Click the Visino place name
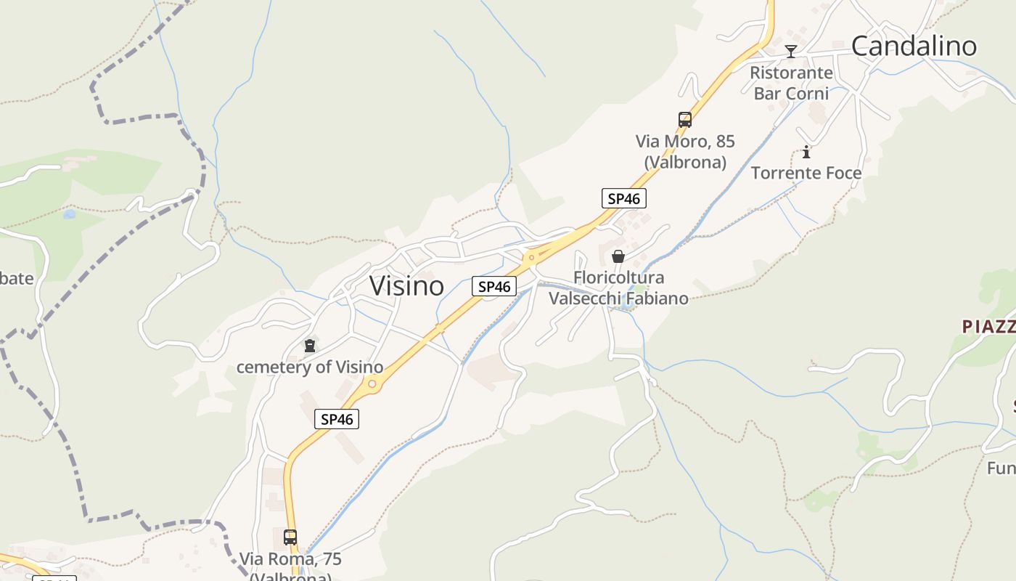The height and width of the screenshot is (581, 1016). coord(406,286)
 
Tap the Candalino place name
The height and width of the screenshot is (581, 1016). coord(914,46)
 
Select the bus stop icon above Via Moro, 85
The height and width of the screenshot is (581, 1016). coord(684,120)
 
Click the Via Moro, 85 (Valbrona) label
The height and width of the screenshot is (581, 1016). coord(684,151)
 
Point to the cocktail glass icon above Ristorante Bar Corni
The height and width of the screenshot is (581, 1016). coord(791,51)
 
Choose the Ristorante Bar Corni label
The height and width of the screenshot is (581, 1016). coord(791,83)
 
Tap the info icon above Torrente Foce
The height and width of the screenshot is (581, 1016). coord(806,153)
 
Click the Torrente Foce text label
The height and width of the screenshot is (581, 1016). coord(806,173)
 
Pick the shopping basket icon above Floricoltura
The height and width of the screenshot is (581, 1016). coord(618,256)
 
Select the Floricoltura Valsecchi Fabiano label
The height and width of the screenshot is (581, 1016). coord(618,288)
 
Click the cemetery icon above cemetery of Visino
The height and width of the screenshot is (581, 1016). coord(310,346)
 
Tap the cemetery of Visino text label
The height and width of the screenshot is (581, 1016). coord(310,367)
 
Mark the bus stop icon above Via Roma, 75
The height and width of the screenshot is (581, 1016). coord(290,537)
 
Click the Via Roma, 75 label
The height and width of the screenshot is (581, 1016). coord(290,560)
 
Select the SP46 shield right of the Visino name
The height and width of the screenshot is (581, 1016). coord(494,287)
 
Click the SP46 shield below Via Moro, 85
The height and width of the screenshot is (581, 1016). coord(623,198)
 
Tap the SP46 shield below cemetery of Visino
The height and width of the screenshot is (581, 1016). coord(337,419)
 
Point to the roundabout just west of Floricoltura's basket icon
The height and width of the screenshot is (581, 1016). coord(532,257)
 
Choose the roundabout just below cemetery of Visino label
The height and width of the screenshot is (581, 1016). coord(372,383)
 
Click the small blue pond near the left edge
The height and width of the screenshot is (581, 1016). coord(69,214)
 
